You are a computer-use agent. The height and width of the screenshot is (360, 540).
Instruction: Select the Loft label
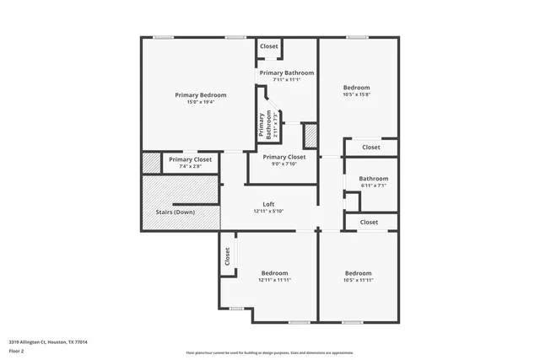click(268, 204)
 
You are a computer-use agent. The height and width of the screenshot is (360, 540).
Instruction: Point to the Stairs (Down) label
click(175, 212)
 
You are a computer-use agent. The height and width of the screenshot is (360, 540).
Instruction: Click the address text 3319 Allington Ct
click(48, 341)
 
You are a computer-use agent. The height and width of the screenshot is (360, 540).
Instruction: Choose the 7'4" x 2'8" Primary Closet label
click(190, 159)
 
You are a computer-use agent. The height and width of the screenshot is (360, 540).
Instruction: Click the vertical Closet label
click(227, 256)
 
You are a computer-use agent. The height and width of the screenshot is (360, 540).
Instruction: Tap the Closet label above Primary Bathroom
click(269, 46)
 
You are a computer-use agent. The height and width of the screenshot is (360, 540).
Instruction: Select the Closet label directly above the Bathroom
click(370, 148)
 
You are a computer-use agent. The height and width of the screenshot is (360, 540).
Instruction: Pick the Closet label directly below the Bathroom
click(369, 222)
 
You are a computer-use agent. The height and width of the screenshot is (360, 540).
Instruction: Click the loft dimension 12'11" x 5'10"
click(268, 211)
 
